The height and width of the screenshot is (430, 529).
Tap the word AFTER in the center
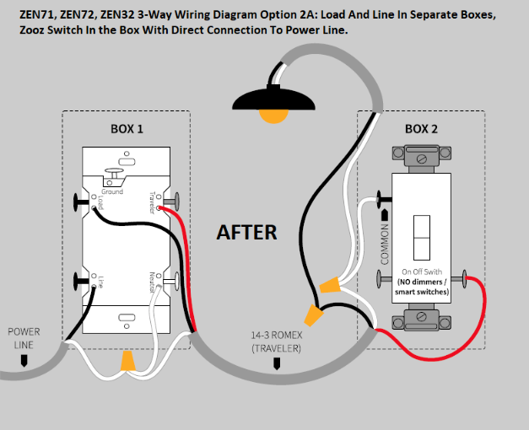[x=246, y=232]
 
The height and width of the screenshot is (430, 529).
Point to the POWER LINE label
[x=24, y=338]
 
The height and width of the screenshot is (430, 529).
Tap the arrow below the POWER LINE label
[x=24, y=362]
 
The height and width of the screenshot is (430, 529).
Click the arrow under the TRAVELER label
[x=276, y=363]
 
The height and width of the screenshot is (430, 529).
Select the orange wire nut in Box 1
[x=127, y=361]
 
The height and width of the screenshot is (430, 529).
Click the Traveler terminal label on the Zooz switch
[x=153, y=202]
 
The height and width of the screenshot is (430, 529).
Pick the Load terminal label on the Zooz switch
[x=100, y=203]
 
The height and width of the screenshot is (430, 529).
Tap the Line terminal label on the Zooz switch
[x=100, y=283]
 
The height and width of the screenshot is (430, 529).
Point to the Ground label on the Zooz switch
[x=112, y=192]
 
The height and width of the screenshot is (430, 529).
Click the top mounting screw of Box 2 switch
[x=422, y=155]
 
